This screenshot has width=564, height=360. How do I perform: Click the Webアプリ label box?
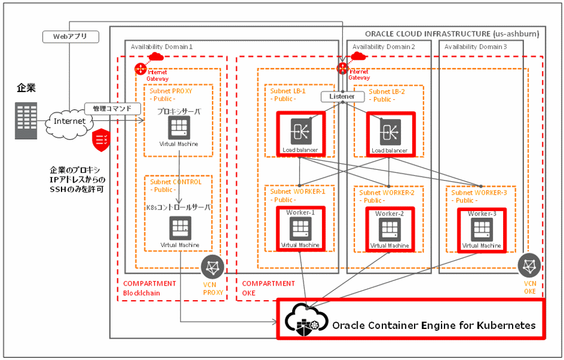point(70,37)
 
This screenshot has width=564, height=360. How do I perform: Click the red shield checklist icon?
point(102,139)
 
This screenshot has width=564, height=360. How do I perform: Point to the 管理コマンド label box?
point(112,108)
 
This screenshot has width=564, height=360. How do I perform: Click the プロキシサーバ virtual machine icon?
point(179,129)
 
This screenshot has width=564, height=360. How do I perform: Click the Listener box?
point(342,96)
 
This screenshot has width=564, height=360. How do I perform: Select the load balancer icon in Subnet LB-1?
point(300,131)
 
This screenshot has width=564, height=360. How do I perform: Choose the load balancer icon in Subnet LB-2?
point(389,131)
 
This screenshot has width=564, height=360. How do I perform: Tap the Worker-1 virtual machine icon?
point(300,228)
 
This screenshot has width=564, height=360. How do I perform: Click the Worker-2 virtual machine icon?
point(389,229)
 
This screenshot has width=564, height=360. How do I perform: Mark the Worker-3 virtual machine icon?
point(481,229)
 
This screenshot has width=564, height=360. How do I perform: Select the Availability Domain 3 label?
point(475,46)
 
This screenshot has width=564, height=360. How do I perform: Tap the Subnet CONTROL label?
point(175,182)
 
